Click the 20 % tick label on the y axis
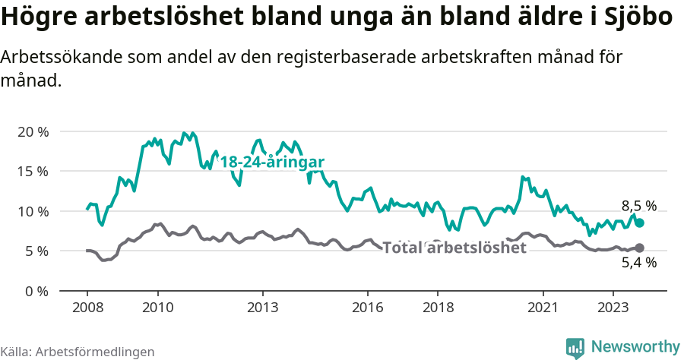point(32,131)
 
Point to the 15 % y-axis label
point(32,171)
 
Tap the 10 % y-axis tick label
point(32,211)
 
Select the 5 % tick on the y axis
point(35,251)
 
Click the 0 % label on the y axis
point(35,291)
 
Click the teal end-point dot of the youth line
point(639,223)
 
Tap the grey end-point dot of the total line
point(639,248)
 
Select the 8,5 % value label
point(638,206)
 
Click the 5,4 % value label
point(638,264)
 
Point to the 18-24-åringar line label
point(272,162)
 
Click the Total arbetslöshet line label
point(454,248)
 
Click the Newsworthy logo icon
point(575,347)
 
